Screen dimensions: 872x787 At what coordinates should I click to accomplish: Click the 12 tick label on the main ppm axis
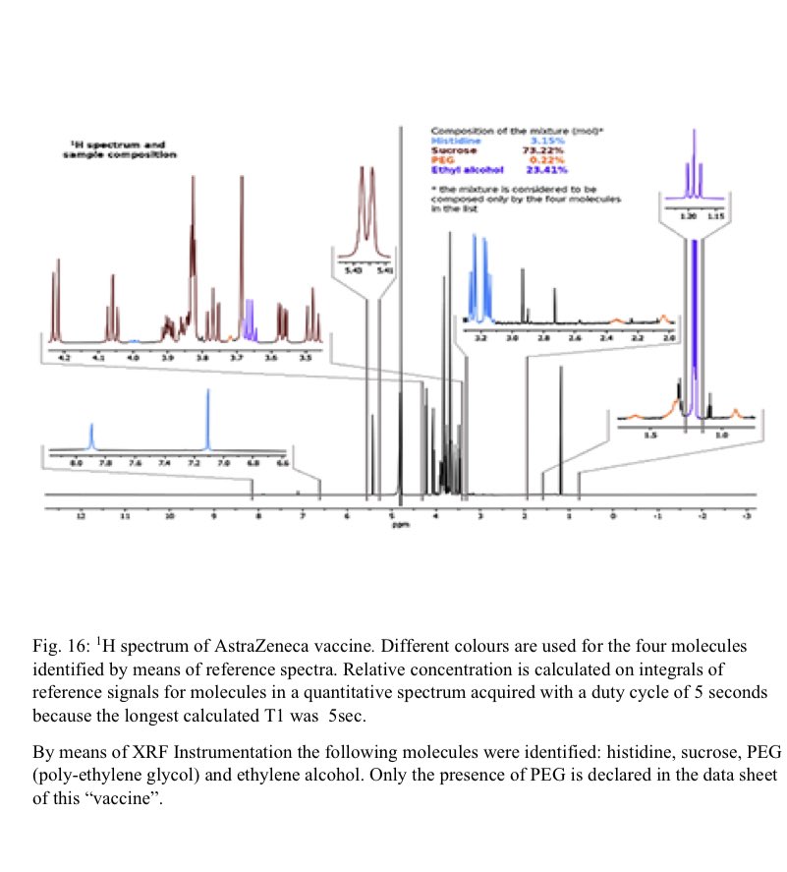[x=82, y=515]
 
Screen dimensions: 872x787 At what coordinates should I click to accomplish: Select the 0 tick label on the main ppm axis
[x=614, y=515]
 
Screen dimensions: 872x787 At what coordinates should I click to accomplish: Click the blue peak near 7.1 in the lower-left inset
[x=208, y=418]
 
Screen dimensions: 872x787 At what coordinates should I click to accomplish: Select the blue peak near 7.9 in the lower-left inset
[x=91, y=434]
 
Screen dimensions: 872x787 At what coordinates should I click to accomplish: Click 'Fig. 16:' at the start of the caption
[x=59, y=647]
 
